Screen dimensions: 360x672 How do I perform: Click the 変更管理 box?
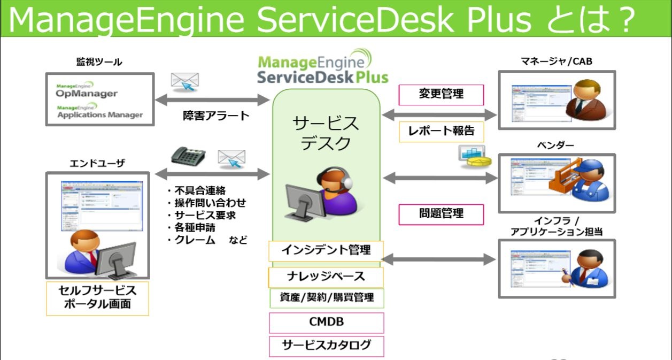[x=441, y=95]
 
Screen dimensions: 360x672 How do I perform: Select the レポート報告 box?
[x=437, y=131]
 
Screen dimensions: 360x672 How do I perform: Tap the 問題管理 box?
[x=441, y=214]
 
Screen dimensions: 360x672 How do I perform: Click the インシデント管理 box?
[x=326, y=250]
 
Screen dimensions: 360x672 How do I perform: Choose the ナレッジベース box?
[x=326, y=277]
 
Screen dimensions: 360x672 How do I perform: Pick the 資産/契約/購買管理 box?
[x=327, y=297]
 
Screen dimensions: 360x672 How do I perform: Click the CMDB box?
[x=326, y=323]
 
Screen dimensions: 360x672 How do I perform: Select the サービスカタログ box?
[x=326, y=346]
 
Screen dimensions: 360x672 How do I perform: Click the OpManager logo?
[x=87, y=91]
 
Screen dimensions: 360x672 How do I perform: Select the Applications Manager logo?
[x=99, y=112]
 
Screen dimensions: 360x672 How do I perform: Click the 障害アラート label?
[x=217, y=116]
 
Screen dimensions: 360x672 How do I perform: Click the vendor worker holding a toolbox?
[x=580, y=180]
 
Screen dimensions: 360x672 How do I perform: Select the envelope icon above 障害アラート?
[x=185, y=82]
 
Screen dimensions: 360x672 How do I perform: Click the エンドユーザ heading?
[x=97, y=163]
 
